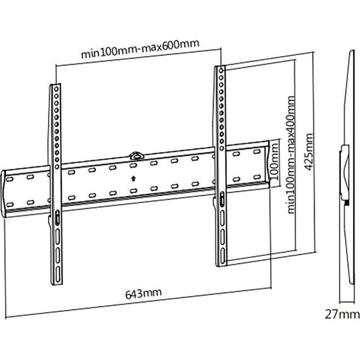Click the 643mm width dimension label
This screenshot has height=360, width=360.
click(143, 294)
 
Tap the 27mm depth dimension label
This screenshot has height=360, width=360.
click(342, 315)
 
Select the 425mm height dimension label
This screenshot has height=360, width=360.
click(308, 152)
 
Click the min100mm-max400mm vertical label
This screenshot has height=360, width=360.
click(291, 155)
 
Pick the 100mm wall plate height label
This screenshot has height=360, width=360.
click(274, 161)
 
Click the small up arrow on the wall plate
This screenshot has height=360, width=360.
click(133, 178)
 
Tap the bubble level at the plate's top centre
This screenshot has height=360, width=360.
click(136, 155)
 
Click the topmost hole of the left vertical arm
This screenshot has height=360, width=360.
click(56, 88)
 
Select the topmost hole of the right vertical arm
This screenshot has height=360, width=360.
click(221, 70)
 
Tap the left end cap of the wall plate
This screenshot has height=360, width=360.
click(4, 194)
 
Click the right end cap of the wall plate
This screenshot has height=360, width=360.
click(267, 164)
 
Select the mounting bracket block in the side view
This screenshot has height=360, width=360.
click(345, 172)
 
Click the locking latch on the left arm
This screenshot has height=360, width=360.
click(57, 218)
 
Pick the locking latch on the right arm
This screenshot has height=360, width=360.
click(222, 199)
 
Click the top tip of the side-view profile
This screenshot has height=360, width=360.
click(352, 51)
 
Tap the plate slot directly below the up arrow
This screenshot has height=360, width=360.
click(133, 191)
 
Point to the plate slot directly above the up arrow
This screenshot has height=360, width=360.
click(133, 165)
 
